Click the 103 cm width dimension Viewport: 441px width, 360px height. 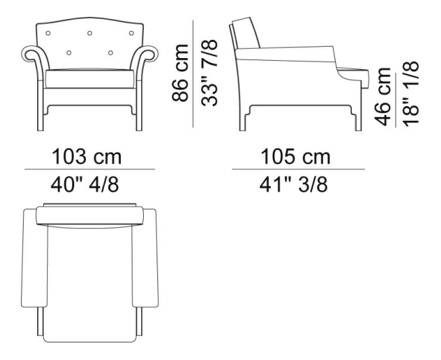[x=86, y=157]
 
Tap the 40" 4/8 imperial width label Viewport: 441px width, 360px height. [x=84, y=185]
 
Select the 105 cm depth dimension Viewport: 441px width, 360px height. [x=296, y=157]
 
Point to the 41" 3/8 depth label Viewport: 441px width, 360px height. [x=293, y=185]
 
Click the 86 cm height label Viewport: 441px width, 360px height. [x=180, y=72]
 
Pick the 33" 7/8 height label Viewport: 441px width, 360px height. [x=209, y=73]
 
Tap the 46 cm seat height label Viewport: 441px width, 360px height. [x=382, y=97]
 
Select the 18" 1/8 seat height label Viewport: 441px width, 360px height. [x=411, y=94]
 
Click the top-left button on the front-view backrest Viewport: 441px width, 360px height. [x=48, y=33]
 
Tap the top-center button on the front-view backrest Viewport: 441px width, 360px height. [x=90, y=33]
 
